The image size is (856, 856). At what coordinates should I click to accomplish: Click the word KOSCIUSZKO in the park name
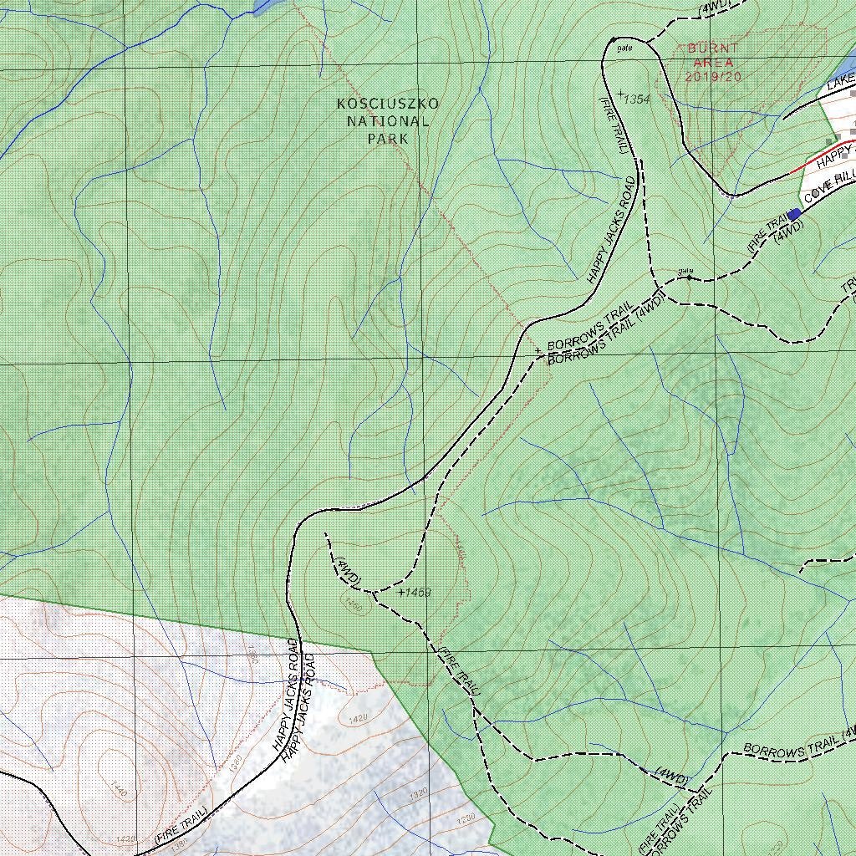coord(387,104)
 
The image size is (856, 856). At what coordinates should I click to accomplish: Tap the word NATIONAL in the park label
coord(388,121)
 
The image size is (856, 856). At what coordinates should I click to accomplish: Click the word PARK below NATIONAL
coord(388,139)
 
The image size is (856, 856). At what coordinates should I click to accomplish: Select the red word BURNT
coord(713,48)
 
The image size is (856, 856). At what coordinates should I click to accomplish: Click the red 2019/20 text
coord(713,76)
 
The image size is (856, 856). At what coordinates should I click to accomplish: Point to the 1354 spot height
coord(637,99)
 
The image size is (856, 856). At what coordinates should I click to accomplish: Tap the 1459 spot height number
coord(417,593)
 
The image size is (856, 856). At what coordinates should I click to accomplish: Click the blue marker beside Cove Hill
coord(794,215)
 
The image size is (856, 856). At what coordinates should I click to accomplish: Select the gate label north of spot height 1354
coord(624,48)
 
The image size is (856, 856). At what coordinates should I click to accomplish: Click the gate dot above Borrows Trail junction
coord(688,277)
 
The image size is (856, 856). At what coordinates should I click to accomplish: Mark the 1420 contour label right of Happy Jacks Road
coord(358,718)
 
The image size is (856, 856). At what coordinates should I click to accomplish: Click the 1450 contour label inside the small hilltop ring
coord(352,605)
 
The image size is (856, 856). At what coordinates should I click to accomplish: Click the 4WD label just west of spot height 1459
coord(347,568)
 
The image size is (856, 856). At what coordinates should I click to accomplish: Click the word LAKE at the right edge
coord(841,82)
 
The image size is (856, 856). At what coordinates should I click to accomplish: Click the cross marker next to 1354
coord(621,93)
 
